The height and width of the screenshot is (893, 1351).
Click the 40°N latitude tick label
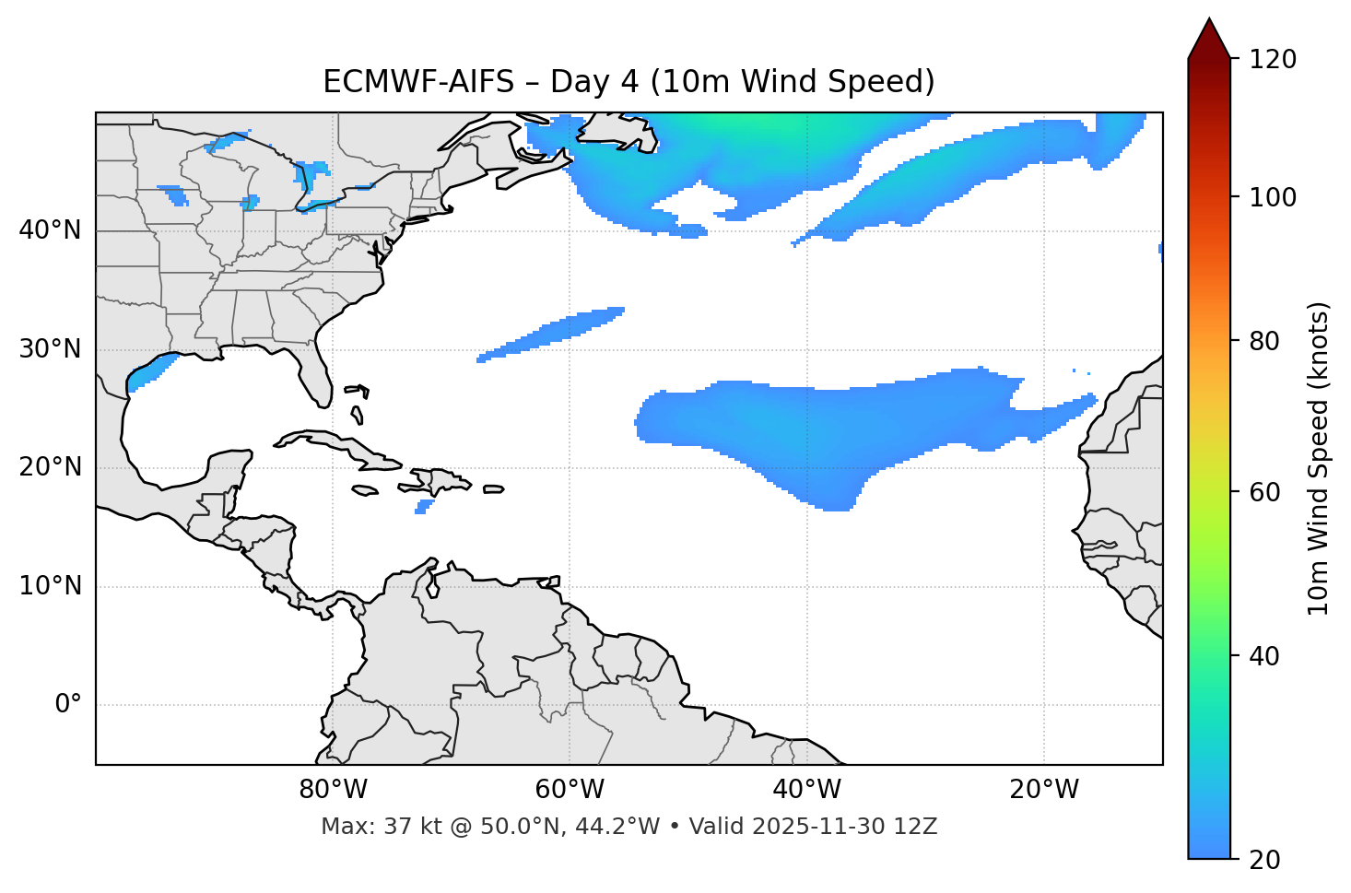coord(50,230)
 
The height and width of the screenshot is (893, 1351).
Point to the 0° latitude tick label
coord(68,705)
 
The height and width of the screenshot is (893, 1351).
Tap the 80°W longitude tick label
coord(333,790)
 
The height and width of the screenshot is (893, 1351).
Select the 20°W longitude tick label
coord(1044,790)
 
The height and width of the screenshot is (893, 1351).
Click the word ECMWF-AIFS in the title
coord(418,82)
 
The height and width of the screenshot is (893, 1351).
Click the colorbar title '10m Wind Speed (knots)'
coord(1319,458)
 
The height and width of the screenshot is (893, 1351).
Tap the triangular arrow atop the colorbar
coord(1209,39)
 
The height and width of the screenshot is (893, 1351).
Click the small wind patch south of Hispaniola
coord(424,506)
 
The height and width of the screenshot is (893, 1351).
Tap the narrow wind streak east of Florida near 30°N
coord(553,333)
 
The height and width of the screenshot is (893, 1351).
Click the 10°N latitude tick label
coord(50,586)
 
